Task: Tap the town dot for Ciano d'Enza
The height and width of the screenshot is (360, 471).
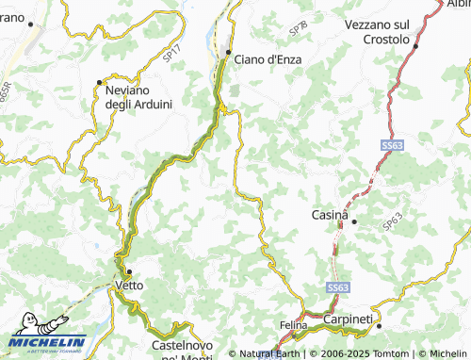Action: (228, 51)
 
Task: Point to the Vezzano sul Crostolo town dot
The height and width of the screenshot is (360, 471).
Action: (415, 43)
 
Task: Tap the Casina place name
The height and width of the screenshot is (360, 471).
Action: (330, 215)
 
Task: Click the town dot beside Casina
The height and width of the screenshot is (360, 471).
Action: (354, 221)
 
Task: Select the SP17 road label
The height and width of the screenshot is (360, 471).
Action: (171, 57)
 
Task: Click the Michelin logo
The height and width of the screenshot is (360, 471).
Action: (47, 341)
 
